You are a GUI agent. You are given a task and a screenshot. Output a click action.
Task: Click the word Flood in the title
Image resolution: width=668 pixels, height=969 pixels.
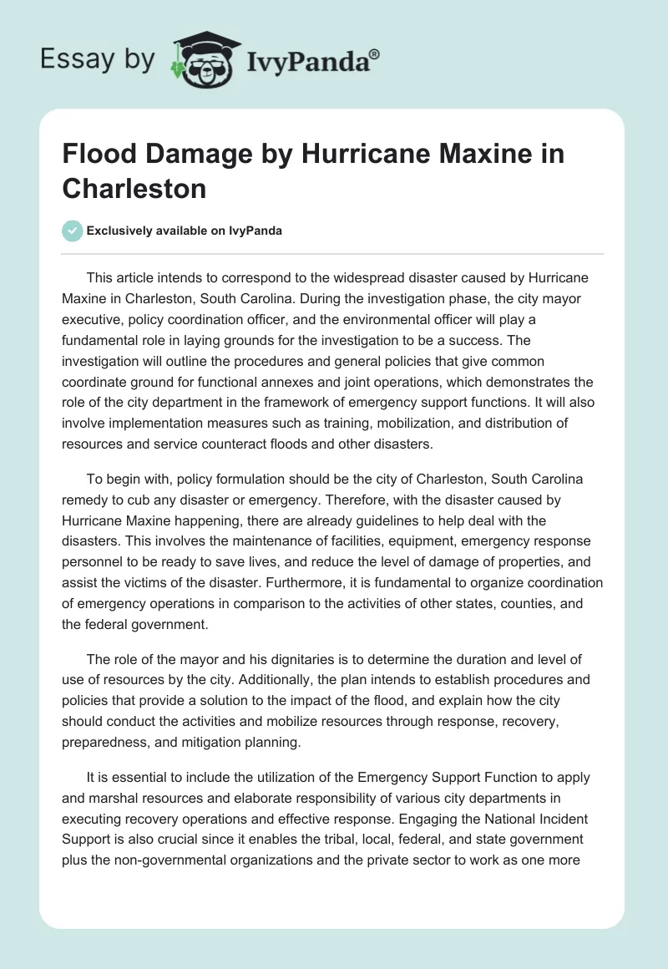pyautogui.click(x=94, y=155)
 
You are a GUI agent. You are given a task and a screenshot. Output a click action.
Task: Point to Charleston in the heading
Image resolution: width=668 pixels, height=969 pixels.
pyautogui.click(x=134, y=188)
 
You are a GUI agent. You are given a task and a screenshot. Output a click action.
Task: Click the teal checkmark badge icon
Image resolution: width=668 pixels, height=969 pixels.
pyautogui.click(x=73, y=231)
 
